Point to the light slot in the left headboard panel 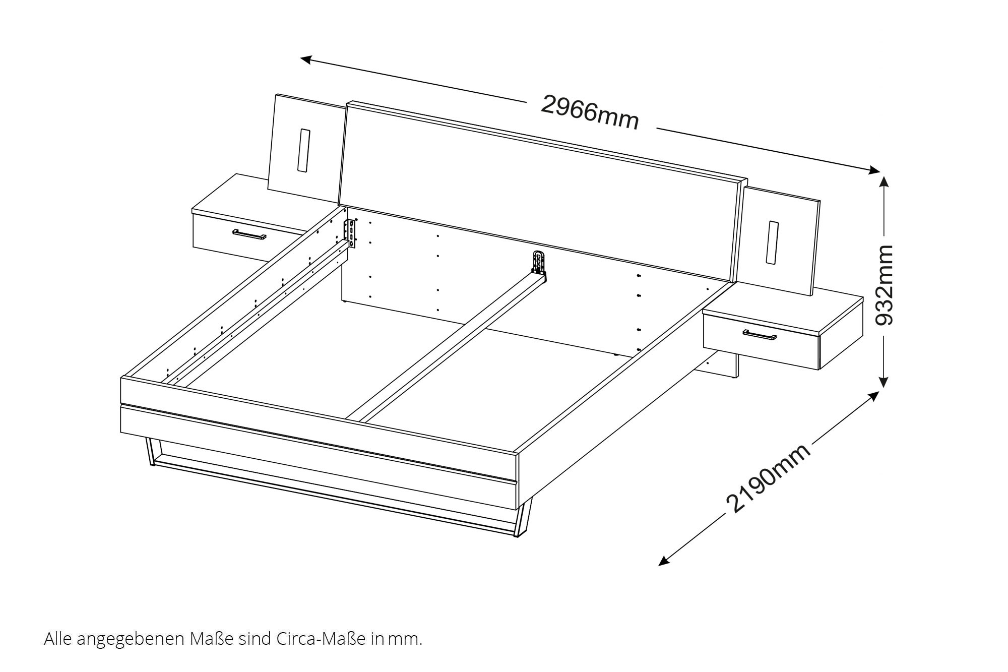[304, 151]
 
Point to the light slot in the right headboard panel [773, 242]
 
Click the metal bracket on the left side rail [350, 232]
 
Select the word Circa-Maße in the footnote [321, 639]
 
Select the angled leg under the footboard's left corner [150, 451]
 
